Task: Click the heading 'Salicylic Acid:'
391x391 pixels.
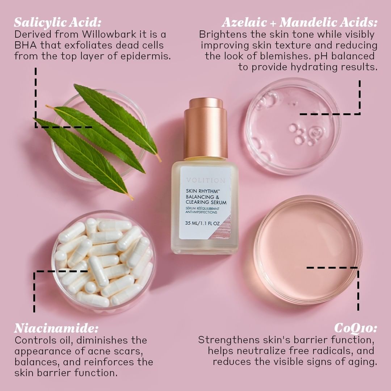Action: pyautogui.click(x=58, y=22)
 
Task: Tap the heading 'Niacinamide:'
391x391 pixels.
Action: pyautogui.click(x=56, y=328)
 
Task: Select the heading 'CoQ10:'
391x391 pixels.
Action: pyautogui.click(x=356, y=328)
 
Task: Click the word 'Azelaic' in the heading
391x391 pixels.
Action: pyautogui.click(x=244, y=22)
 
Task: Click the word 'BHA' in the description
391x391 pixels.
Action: pyautogui.click(x=25, y=45)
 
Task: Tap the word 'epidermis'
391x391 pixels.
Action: pyautogui.click(x=146, y=56)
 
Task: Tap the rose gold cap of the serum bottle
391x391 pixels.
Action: pyautogui.click(x=206, y=129)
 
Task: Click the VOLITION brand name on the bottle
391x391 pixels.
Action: pyautogui.click(x=206, y=180)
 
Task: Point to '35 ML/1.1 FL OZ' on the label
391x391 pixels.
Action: pyautogui.click(x=202, y=223)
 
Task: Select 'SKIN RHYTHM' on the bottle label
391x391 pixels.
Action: pyautogui.click(x=202, y=191)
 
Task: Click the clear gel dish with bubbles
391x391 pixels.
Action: pyautogui.click(x=293, y=126)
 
